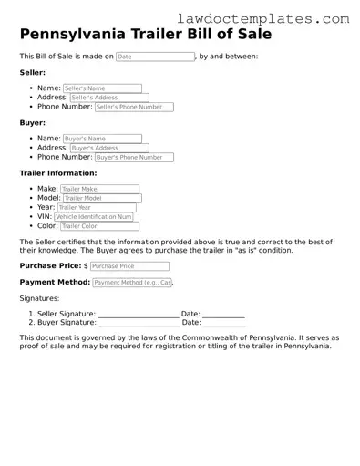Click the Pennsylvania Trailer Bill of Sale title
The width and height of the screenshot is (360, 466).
145,35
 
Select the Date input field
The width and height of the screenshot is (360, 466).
155,57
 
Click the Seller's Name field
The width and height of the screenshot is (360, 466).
102,88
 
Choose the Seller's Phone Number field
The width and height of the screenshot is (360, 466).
133,107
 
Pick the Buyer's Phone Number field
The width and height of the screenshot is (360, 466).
133,157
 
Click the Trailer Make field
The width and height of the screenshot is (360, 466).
99,189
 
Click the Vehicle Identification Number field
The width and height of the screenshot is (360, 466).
94,217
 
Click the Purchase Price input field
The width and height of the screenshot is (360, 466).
129,266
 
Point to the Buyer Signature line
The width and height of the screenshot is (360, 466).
138,323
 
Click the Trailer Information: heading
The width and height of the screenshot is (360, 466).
58,173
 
